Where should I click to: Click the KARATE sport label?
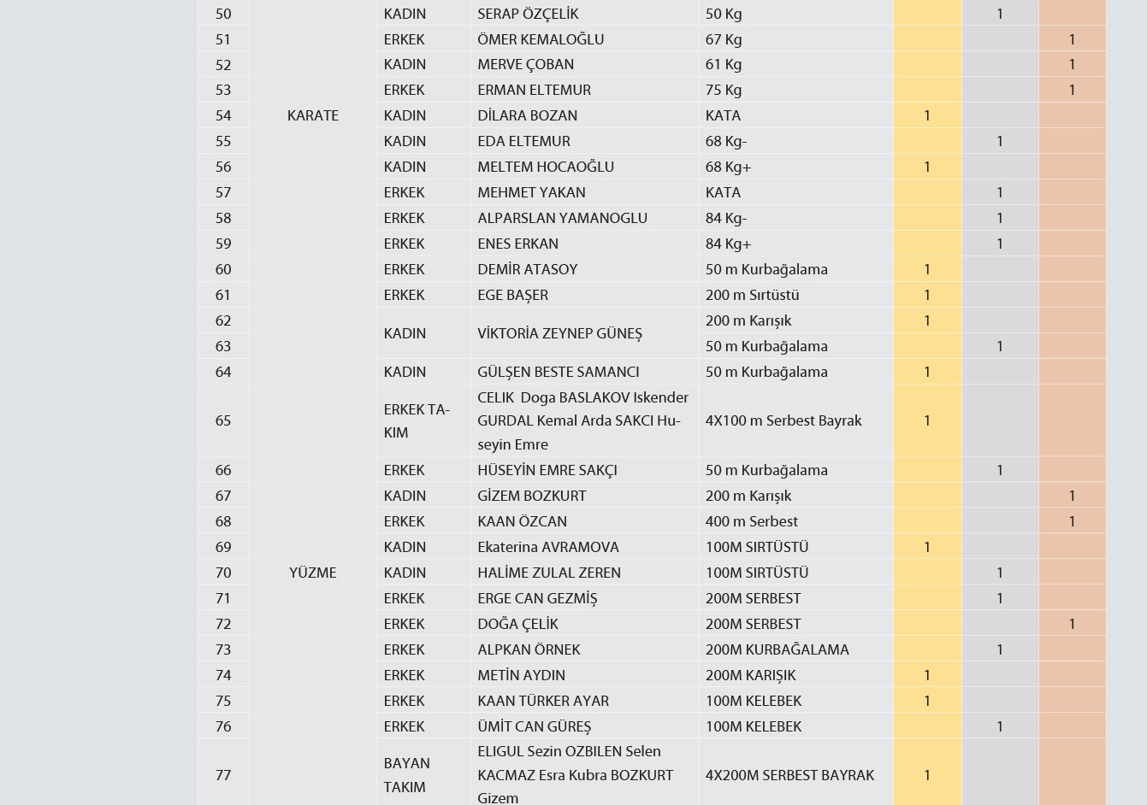(x=313, y=115)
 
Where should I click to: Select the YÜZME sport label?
(x=313, y=573)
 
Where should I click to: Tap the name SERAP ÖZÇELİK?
(x=528, y=14)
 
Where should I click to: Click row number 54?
(x=223, y=115)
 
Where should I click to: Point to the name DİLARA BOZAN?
(x=527, y=115)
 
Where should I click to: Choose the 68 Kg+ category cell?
(x=729, y=167)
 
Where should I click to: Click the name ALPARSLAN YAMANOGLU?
(x=562, y=218)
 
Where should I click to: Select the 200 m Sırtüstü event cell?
(x=752, y=295)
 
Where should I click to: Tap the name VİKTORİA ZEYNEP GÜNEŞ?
(x=559, y=333)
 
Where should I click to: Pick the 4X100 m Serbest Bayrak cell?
(x=783, y=420)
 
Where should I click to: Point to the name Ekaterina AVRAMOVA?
(x=548, y=547)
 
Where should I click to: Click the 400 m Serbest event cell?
(x=752, y=521)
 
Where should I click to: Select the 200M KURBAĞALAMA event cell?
(x=777, y=649)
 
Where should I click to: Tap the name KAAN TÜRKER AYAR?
(x=543, y=701)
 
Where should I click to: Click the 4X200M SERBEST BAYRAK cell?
(x=789, y=775)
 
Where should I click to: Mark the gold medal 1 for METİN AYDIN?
(x=927, y=675)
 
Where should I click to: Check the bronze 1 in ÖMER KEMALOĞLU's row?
(x=1072, y=39)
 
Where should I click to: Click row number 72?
(x=223, y=624)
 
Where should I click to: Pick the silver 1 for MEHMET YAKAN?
(x=1000, y=192)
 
